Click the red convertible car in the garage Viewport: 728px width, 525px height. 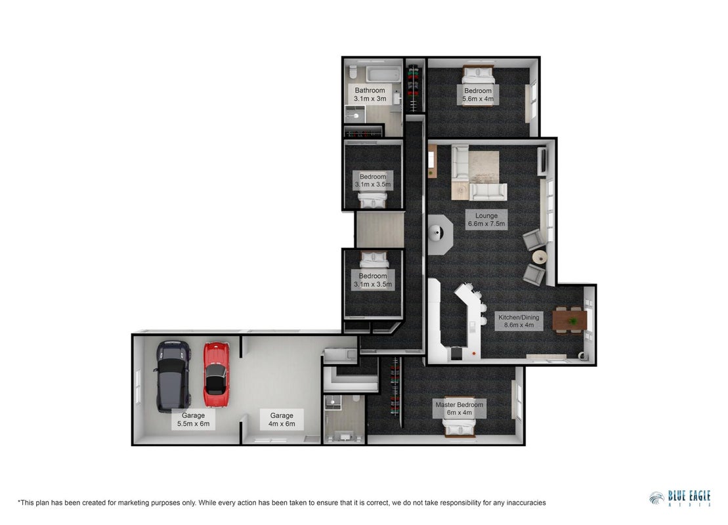coord(217,375)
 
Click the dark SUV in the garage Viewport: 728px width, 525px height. coord(173,377)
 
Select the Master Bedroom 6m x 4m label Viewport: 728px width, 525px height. coord(459,408)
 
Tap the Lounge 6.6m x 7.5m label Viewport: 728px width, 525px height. coord(486,220)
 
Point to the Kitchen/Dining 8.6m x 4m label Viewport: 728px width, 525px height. coord(519,321)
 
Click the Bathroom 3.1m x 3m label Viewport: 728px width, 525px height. coord(370,94)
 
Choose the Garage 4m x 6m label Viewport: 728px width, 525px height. coord(282,419)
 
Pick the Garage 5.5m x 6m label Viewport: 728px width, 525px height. coord(193,419)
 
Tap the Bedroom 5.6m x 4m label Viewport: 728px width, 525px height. coord(478,94)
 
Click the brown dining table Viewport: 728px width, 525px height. coord(569,320)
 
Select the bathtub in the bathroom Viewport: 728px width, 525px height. coord(383,74)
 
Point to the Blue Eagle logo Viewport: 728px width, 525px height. coord(679,499)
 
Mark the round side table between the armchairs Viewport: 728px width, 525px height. coord(540,257)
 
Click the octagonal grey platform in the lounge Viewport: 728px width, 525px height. coord(439,234)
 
